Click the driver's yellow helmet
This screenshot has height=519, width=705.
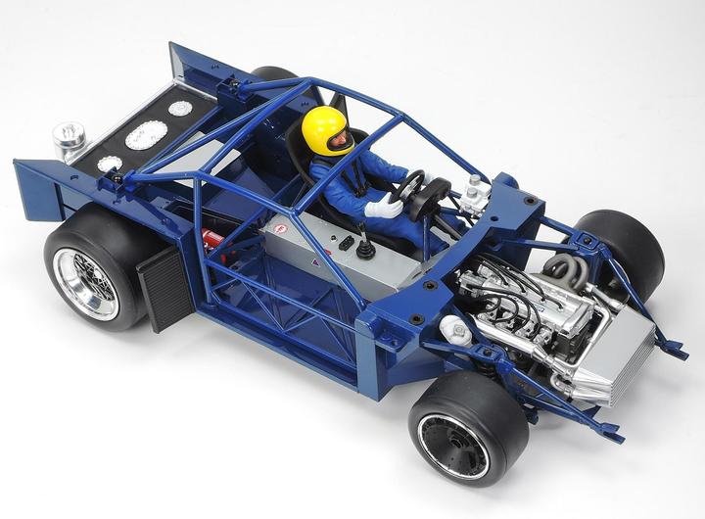pyautogui.click(x=324, y=127)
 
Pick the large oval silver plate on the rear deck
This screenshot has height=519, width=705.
pyautogui.click(x=146, y=134)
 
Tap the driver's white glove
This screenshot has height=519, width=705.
pyautogui.click(x=383, y=208)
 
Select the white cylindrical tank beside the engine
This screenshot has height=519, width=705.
pyautogui.click(x=453, y=330)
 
